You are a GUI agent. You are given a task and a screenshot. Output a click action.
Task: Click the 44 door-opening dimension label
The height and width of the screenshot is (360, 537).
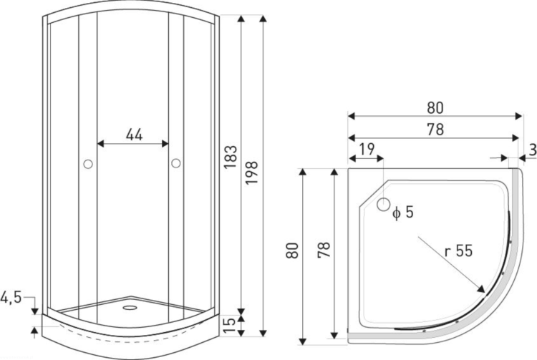[x=134, y=135]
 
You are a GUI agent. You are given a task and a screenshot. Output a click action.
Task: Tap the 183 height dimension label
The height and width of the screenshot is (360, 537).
[x=231, y=157]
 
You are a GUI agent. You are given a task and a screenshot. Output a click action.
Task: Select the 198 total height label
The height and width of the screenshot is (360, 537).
[x=252, y=172]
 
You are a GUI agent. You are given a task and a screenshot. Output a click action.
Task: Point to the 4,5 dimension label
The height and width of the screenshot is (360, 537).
[x=11, y=297]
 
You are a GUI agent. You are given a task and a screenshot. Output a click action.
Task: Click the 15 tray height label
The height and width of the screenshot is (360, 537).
[x=229, y=325]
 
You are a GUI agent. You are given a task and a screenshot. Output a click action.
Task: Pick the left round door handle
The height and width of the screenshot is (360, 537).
[x=88, y=164]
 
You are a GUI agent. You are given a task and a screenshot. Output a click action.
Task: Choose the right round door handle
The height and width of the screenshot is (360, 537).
[x=176, y=163]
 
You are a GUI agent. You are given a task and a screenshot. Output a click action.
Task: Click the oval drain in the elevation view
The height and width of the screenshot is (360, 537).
[x=130, y=308]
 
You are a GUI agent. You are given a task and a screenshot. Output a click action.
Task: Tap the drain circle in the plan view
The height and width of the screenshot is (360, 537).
[x=384, y=204]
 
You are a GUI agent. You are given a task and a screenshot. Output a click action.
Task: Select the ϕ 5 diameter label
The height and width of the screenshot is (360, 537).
[x=403, y=213]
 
